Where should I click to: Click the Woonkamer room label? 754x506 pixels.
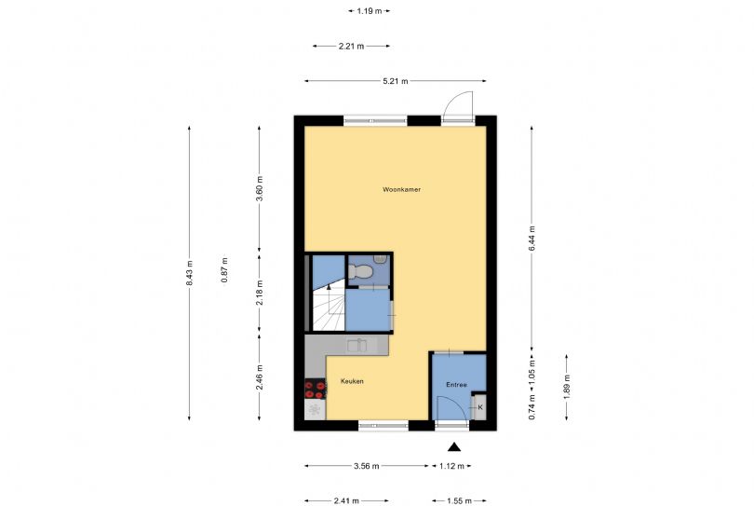tap(401, 190)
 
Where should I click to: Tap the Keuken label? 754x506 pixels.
tap(352, 381)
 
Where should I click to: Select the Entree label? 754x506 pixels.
tap(456, 385)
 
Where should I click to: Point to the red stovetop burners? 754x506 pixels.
tap(315, 389)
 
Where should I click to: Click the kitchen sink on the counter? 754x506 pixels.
tap(357, 345)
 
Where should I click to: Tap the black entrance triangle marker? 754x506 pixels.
tap(454, 447)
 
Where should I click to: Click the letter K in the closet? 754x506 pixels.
tap(480, 407)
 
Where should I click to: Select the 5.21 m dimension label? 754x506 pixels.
tap(396, 81)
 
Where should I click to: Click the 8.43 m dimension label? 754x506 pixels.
tap(189, 273)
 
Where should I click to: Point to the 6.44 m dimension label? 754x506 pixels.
tap(532, 239)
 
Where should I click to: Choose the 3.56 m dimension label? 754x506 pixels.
tap(367, 466)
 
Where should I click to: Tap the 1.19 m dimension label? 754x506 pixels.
tap(370, 10)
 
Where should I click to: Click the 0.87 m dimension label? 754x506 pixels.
tap(224, 270)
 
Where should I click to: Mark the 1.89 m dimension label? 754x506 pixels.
tap(567, 387)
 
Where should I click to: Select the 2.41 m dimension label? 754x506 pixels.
tap(346, 501)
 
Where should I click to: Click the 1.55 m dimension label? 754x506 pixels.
tap(459, 501)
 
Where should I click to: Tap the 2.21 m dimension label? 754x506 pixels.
tap(351, 47)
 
